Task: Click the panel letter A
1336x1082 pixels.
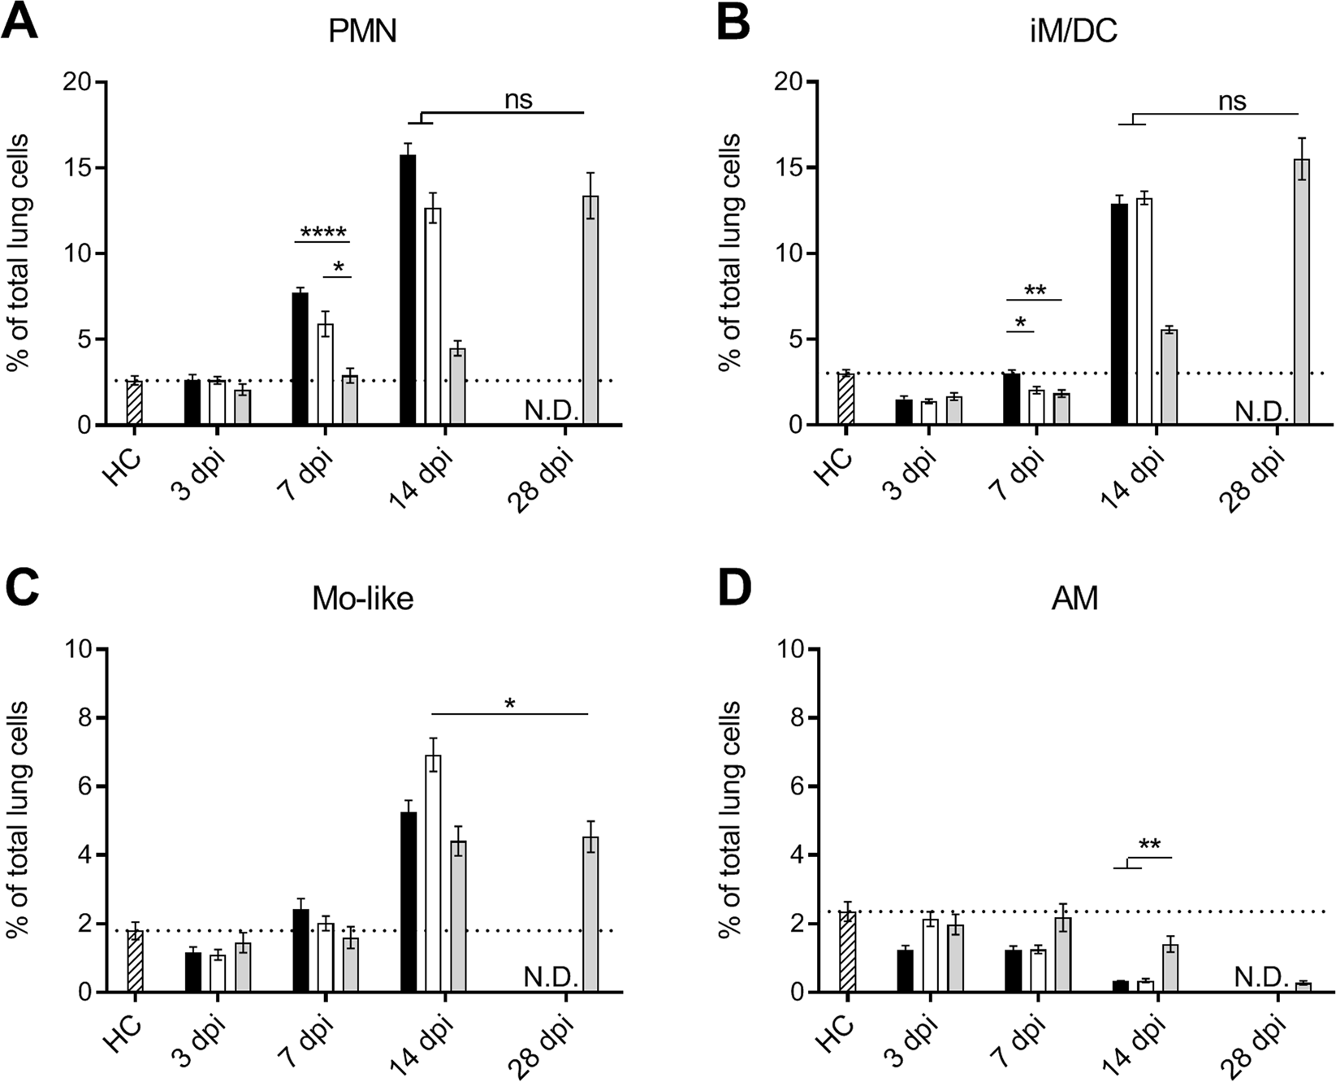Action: click(20, 23)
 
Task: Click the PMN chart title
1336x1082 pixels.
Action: click(363, 35)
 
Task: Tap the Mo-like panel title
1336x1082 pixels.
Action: click(363, 599)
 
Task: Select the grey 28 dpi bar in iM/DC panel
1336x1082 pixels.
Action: click(1302, 292)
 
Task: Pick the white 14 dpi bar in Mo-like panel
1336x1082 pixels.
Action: click(434, 874)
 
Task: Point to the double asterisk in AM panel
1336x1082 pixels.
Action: click(1149, 846)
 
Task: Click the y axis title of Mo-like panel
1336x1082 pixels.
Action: click(19, 820)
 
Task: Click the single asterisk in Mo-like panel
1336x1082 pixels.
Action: click(509, 704)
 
